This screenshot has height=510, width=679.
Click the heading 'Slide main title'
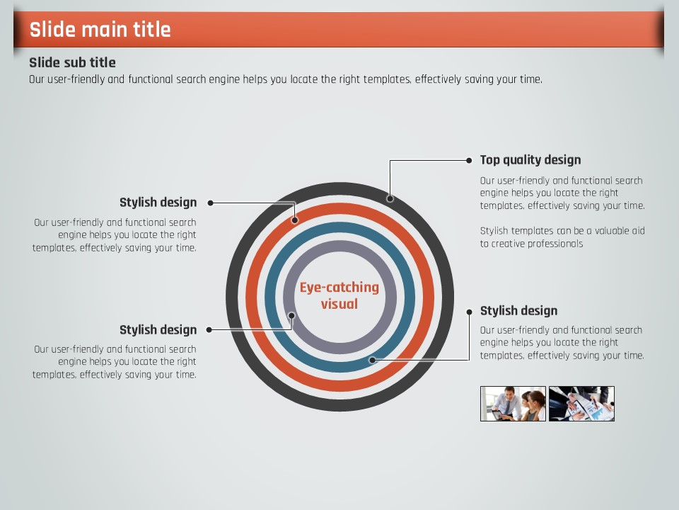100,30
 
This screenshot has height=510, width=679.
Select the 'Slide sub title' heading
72,62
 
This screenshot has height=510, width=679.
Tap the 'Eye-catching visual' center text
339,295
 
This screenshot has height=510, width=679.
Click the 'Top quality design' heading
530,160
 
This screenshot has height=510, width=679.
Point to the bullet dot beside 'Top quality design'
469,161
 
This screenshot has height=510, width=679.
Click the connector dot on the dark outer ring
390,198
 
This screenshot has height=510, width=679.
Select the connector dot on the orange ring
295,220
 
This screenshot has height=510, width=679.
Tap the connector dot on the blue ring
373,360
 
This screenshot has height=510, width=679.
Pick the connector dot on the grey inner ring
292,315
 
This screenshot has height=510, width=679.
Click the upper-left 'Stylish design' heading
158,203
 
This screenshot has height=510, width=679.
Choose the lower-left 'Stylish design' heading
158,330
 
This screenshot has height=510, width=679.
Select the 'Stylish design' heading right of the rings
518,311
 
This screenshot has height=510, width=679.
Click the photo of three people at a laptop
513,404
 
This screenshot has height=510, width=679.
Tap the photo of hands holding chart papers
581,404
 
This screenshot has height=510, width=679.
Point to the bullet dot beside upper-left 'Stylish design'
211,203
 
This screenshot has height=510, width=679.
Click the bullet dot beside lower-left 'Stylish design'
209,330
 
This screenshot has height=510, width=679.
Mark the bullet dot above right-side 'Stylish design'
469,312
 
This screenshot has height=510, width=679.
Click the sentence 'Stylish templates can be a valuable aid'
562,231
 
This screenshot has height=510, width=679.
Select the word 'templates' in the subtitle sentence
387,79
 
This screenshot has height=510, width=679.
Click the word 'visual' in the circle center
339,304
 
